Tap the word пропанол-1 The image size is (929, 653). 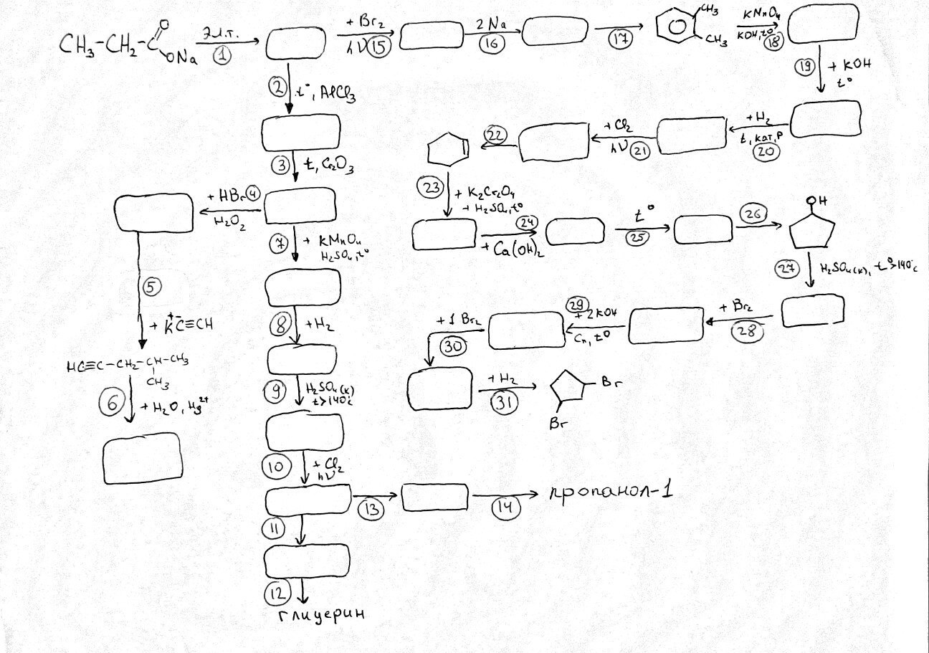(x=613, y=494)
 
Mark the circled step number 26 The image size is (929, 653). (x=755, y=214)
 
